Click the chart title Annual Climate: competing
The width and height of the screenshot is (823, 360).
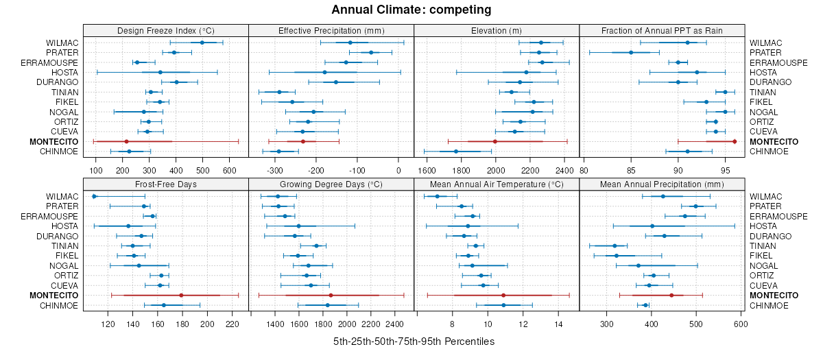click(x=411, y=10)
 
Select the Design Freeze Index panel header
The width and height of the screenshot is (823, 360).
click(x=165, y=30)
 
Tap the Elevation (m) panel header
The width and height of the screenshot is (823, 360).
click(x=497, y=30)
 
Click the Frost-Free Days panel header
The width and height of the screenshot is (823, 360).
click(x=165, y=184)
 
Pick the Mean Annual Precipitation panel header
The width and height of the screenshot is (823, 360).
click(x=662, y=184)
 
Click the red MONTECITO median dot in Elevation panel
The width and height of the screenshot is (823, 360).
click(x=494, y=141)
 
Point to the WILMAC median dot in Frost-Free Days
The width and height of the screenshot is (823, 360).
click(x=95, y=197)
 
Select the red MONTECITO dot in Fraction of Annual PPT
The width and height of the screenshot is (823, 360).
click(x=735, y=141)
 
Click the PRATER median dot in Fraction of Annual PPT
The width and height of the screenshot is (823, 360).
click(x=631, y=53)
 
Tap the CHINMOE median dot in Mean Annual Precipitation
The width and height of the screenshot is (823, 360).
click(x=645, y=305)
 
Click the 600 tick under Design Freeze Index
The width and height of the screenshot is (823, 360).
click(x=230, y=171)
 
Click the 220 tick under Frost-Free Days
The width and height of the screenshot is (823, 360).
click(x=232, y=324)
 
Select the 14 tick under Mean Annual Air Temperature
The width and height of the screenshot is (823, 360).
click(x=558, y=324)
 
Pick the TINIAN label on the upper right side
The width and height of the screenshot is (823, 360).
click(x=763, y=92)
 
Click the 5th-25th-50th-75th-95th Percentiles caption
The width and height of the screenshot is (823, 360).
click(x=414, y=341)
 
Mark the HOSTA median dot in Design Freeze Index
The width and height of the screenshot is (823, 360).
click(x=160, y=72)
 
